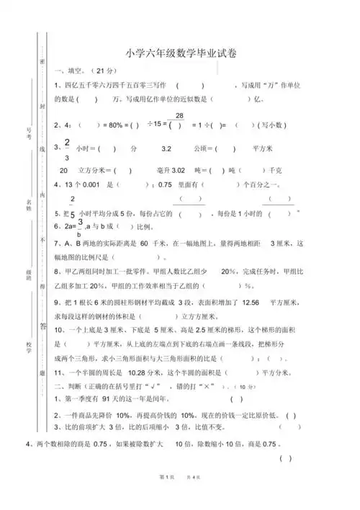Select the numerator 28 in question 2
coord(179,116)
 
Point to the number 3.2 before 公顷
coord(166,149)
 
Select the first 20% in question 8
coord(230,272)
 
